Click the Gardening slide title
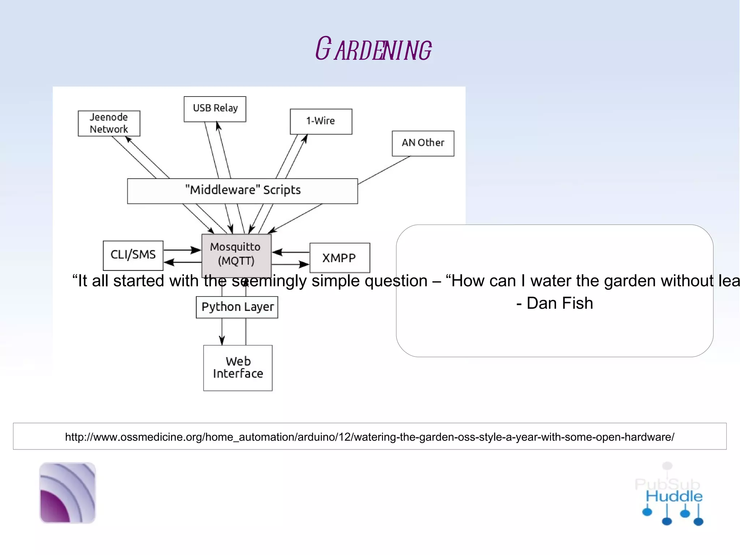(x=373, y=49)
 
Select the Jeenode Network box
(x=109, y=123)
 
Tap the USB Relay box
(x=215, y=108)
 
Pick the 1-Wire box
(x=321, y=121)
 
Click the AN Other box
(x=423, y=143)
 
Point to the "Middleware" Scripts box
(x=242, y=191)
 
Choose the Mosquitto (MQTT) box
(x=236, y=255)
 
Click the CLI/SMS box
(x=133, y=255)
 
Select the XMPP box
(x=339, y=258)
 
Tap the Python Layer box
(x=237, y=307)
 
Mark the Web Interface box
(x=238, y=368)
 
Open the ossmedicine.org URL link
(x=369, y=437)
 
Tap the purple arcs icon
(x=68, y=492)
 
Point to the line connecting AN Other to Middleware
(x=384, y=170)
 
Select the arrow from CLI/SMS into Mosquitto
(x=182, y=250)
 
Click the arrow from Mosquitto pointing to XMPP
(x=291, y=264)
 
